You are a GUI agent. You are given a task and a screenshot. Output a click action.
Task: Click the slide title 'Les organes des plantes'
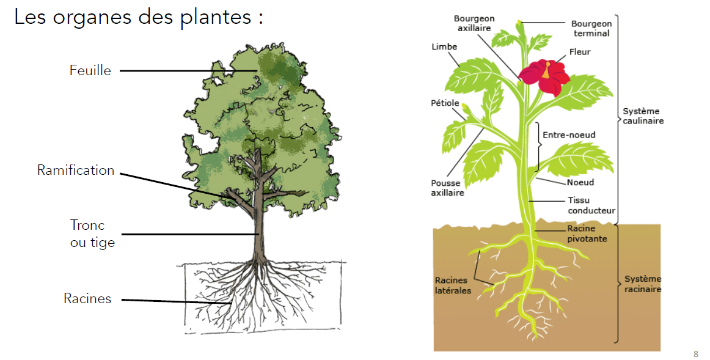[x=138, y=17]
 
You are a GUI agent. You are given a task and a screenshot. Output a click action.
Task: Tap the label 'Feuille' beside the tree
[x=90, y=71]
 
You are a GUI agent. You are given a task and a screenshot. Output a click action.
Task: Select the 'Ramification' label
[x=76, y=171]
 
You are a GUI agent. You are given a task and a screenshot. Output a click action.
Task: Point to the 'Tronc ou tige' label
[x=92, y=234]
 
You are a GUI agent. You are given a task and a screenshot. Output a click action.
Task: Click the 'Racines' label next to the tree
[x=87, y=299]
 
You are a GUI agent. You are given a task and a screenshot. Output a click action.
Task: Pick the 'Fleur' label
[x=580, y=52]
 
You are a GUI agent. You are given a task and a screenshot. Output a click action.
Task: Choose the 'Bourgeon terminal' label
[x=591, y=29]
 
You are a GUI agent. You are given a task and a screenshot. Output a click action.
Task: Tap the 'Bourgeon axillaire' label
[x=475, y=23]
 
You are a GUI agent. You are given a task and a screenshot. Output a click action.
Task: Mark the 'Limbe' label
[x=444, y=47]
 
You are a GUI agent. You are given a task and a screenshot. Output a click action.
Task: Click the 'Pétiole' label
[x=445, y=103]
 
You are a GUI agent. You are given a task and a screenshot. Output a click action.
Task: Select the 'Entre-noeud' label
[x=569, y=134]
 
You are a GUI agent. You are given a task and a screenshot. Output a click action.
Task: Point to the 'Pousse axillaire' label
[x=447, y=188]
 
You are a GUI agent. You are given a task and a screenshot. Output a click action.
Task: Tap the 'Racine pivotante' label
[x=587, y=233]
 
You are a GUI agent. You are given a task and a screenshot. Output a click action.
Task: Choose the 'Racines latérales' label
[x=453, y=285]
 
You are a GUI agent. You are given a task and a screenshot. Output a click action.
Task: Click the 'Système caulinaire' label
[x=643, y=116]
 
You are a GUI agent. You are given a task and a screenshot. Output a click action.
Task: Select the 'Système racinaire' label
[x=643, y=284]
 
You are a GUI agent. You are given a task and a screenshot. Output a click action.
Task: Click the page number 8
[x=696, y=354]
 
